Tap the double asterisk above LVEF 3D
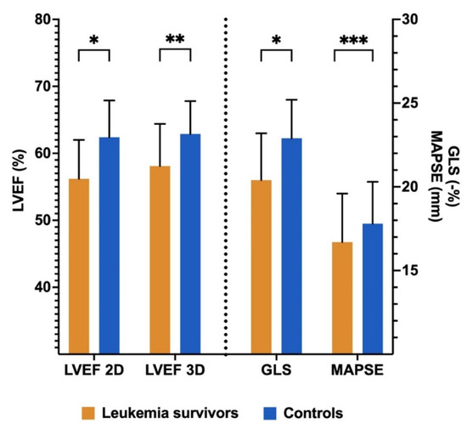click(175, 41)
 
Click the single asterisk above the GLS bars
click(276, 41)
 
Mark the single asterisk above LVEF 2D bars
click(94, 41)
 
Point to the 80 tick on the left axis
click(39, 19)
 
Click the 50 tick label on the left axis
click(39, 220)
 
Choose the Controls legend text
click(315, 413)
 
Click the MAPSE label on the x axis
click(357, 371)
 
